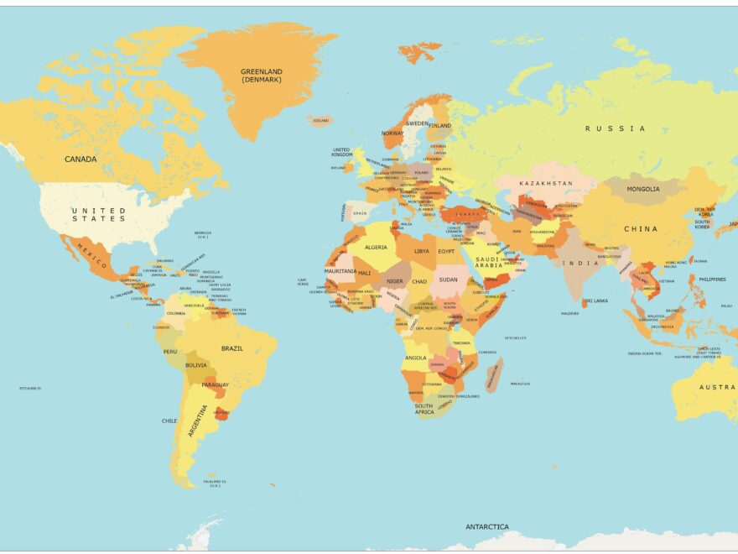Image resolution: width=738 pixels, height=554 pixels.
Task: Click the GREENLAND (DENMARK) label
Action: tap(261, 76)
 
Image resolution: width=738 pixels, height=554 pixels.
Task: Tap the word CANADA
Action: tap(81, 159)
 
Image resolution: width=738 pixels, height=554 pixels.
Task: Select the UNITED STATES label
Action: tap(98, 214)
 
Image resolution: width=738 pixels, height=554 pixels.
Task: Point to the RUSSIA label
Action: tap(616, 128)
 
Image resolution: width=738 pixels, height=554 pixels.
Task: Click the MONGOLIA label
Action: tap(643, 189)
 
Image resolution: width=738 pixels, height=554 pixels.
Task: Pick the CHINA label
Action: tap(641, 228)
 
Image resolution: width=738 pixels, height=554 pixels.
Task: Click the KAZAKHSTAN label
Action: tap(546, 183)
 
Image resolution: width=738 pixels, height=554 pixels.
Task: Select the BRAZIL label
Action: tap(232, 348)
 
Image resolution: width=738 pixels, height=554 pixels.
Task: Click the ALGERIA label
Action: tap(376, 248)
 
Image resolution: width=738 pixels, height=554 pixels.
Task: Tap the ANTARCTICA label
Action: tap(487, 527)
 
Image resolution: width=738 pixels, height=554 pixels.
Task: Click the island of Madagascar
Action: tap(493, 374)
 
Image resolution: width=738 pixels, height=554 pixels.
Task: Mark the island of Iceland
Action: tap(320, 121)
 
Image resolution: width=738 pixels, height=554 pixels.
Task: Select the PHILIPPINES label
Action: tap(712, 280)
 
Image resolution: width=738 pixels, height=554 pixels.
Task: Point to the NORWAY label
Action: tap(392, 133)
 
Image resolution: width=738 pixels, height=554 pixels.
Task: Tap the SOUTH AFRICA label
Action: tap(425, 410)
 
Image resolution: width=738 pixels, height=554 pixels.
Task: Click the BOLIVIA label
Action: tap(196, 365)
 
